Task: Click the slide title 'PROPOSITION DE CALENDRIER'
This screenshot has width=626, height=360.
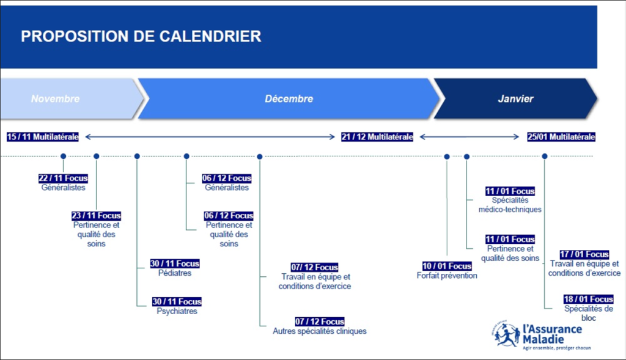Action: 141,36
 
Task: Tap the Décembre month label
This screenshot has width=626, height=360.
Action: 289,98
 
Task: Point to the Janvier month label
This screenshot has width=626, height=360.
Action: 515,98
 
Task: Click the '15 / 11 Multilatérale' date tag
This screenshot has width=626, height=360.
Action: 43,137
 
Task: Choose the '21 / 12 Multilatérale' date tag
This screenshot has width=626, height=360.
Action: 377,137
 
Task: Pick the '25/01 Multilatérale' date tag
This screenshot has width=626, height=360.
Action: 561,137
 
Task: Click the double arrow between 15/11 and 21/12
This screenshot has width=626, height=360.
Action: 210,137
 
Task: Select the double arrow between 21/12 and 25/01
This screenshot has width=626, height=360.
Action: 469,137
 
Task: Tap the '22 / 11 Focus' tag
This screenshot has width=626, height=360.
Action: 63,178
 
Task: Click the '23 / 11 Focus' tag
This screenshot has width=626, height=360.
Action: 96,216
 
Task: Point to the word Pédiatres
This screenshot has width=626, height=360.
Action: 175,273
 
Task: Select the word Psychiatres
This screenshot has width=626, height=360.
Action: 177,311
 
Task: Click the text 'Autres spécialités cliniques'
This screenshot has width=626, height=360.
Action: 320,331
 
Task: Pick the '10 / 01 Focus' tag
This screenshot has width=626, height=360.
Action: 447,266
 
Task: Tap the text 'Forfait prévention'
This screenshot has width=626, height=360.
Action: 447,276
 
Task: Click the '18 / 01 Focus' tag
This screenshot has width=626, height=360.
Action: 589,299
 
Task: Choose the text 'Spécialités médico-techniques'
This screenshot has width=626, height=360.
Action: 510,205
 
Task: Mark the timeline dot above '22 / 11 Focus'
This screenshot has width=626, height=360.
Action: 63,156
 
